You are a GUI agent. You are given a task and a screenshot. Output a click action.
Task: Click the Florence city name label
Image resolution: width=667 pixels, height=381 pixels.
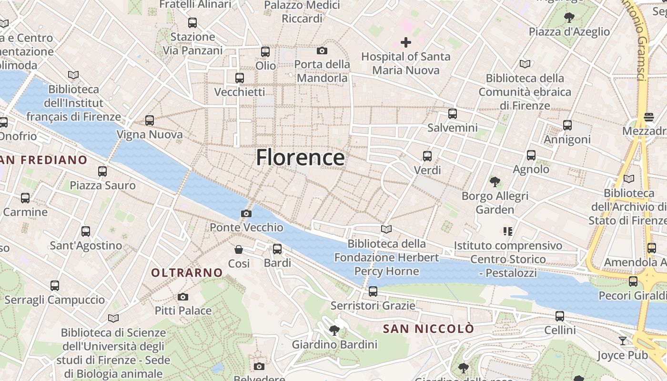[300, 157]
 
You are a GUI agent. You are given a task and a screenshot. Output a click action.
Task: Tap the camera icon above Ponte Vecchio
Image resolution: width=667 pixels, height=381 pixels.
[246, 213]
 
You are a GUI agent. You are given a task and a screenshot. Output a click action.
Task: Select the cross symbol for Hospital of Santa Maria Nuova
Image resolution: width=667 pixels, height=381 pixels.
[405, 42]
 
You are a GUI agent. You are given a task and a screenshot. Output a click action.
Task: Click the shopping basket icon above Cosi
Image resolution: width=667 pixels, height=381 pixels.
[239, 249]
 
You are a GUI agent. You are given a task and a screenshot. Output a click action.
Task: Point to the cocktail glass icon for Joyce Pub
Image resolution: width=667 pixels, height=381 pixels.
[622, 341]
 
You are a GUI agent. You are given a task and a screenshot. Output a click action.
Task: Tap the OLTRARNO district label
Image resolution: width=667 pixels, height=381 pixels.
[187, 273]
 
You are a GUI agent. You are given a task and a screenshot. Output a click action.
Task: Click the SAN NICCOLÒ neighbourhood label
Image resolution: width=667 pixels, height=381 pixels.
[428, 329]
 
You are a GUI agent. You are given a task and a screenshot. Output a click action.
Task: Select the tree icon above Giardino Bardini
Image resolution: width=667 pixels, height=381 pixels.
[334, 330]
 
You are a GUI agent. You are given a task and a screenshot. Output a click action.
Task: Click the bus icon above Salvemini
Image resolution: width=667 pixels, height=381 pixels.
[452, 114]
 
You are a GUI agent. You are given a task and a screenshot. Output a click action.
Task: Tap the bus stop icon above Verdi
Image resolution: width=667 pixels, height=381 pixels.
[427, 156]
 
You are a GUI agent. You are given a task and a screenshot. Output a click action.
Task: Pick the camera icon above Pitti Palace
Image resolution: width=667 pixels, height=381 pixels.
[182, 297]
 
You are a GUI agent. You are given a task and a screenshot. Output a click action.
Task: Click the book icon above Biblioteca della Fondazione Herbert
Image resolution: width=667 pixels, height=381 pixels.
[386, 229]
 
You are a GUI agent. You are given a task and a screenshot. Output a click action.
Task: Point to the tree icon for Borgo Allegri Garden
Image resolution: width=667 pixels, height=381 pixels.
[495, 181]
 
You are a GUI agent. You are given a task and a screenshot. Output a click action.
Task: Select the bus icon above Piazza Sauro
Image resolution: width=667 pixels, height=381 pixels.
[102, 171]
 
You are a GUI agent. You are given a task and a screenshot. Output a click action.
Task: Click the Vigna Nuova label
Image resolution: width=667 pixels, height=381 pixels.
[150, 135]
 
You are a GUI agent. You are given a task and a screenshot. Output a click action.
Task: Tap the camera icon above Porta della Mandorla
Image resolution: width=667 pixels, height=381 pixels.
[322, 50]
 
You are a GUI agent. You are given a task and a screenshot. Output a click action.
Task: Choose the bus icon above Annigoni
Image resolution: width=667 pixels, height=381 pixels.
[567, 125]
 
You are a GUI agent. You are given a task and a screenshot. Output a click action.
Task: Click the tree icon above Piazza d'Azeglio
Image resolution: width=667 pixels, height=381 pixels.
[569, 18]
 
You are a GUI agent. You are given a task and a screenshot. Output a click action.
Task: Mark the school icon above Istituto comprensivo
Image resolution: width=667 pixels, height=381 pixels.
[508, 231]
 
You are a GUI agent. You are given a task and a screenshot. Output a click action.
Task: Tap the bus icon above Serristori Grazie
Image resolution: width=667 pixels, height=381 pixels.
[373, 291]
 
